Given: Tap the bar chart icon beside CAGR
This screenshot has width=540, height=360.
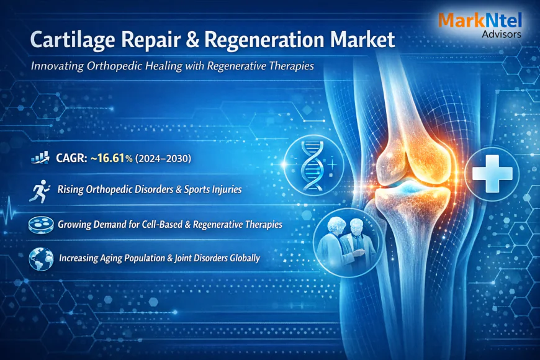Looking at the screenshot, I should coord(40,159).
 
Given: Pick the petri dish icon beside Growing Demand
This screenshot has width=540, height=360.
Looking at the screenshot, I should coord(39,224).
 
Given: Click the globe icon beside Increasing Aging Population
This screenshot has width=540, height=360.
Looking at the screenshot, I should coord(39,258).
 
